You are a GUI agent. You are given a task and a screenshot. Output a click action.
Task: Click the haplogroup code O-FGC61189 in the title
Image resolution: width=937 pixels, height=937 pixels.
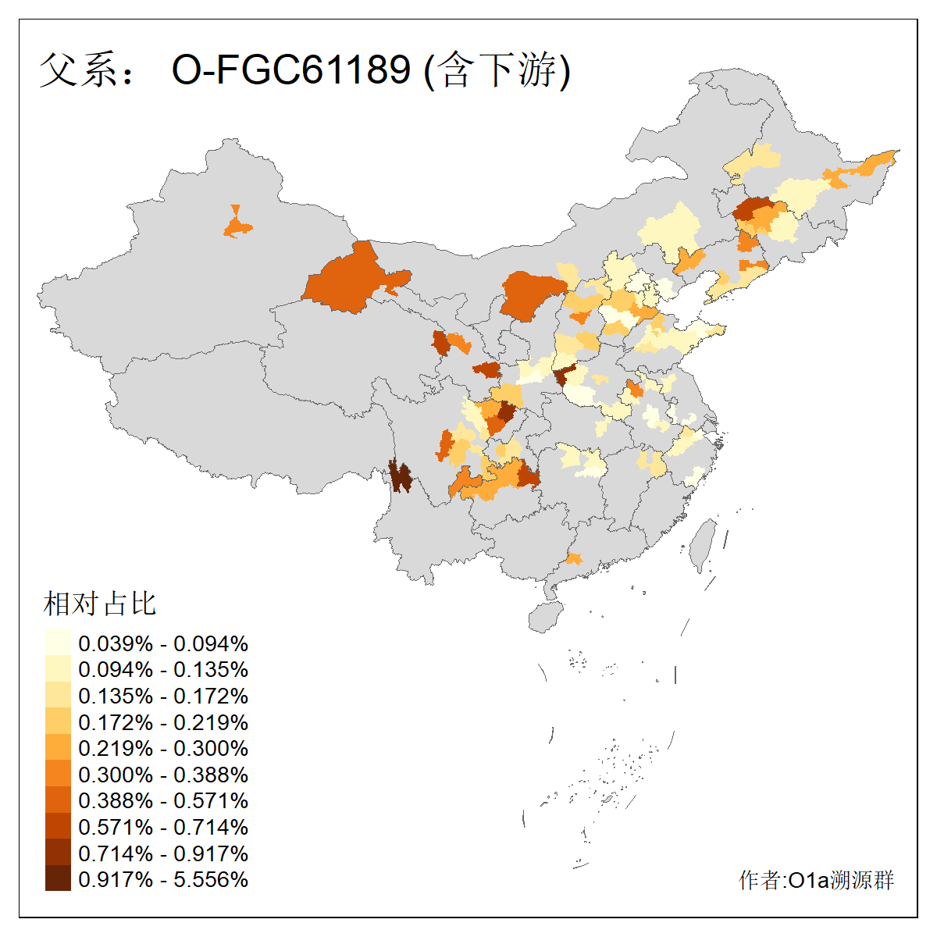point(290,69)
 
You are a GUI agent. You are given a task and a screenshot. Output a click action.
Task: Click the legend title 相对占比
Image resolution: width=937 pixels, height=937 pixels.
point(100,604)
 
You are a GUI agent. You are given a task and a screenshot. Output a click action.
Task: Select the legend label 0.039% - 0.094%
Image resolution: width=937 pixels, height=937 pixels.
point(163,643)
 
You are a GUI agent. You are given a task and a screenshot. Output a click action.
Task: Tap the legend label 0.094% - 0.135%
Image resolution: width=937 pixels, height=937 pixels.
point(163,670)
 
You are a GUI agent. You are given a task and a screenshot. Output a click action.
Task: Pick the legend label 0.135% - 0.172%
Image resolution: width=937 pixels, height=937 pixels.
point(163,696)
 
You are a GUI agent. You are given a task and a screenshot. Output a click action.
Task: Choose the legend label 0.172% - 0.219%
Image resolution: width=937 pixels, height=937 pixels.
point(163,722)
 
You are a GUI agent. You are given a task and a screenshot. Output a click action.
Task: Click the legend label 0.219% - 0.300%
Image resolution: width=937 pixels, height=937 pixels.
point(163,748)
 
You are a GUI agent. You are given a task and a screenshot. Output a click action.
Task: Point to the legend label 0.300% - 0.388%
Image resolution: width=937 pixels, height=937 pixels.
point(163,775)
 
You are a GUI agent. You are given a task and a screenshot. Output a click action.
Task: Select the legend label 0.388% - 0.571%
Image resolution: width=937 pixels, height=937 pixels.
point(163,800)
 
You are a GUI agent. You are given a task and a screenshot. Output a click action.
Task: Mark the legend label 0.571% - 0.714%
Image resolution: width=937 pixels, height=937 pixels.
point(163,827)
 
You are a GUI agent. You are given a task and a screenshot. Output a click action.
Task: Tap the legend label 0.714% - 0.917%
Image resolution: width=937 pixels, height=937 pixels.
point(163,853)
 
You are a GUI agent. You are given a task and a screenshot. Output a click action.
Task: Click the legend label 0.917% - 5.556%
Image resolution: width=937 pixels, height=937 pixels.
point(163,879)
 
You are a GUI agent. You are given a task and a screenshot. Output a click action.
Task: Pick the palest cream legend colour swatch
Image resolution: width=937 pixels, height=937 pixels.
point(58,643)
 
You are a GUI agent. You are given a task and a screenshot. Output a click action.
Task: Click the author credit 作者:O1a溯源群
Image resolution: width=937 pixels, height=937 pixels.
point(816,880)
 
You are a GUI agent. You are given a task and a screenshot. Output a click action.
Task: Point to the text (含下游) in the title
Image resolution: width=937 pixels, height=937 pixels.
point(497,69)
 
